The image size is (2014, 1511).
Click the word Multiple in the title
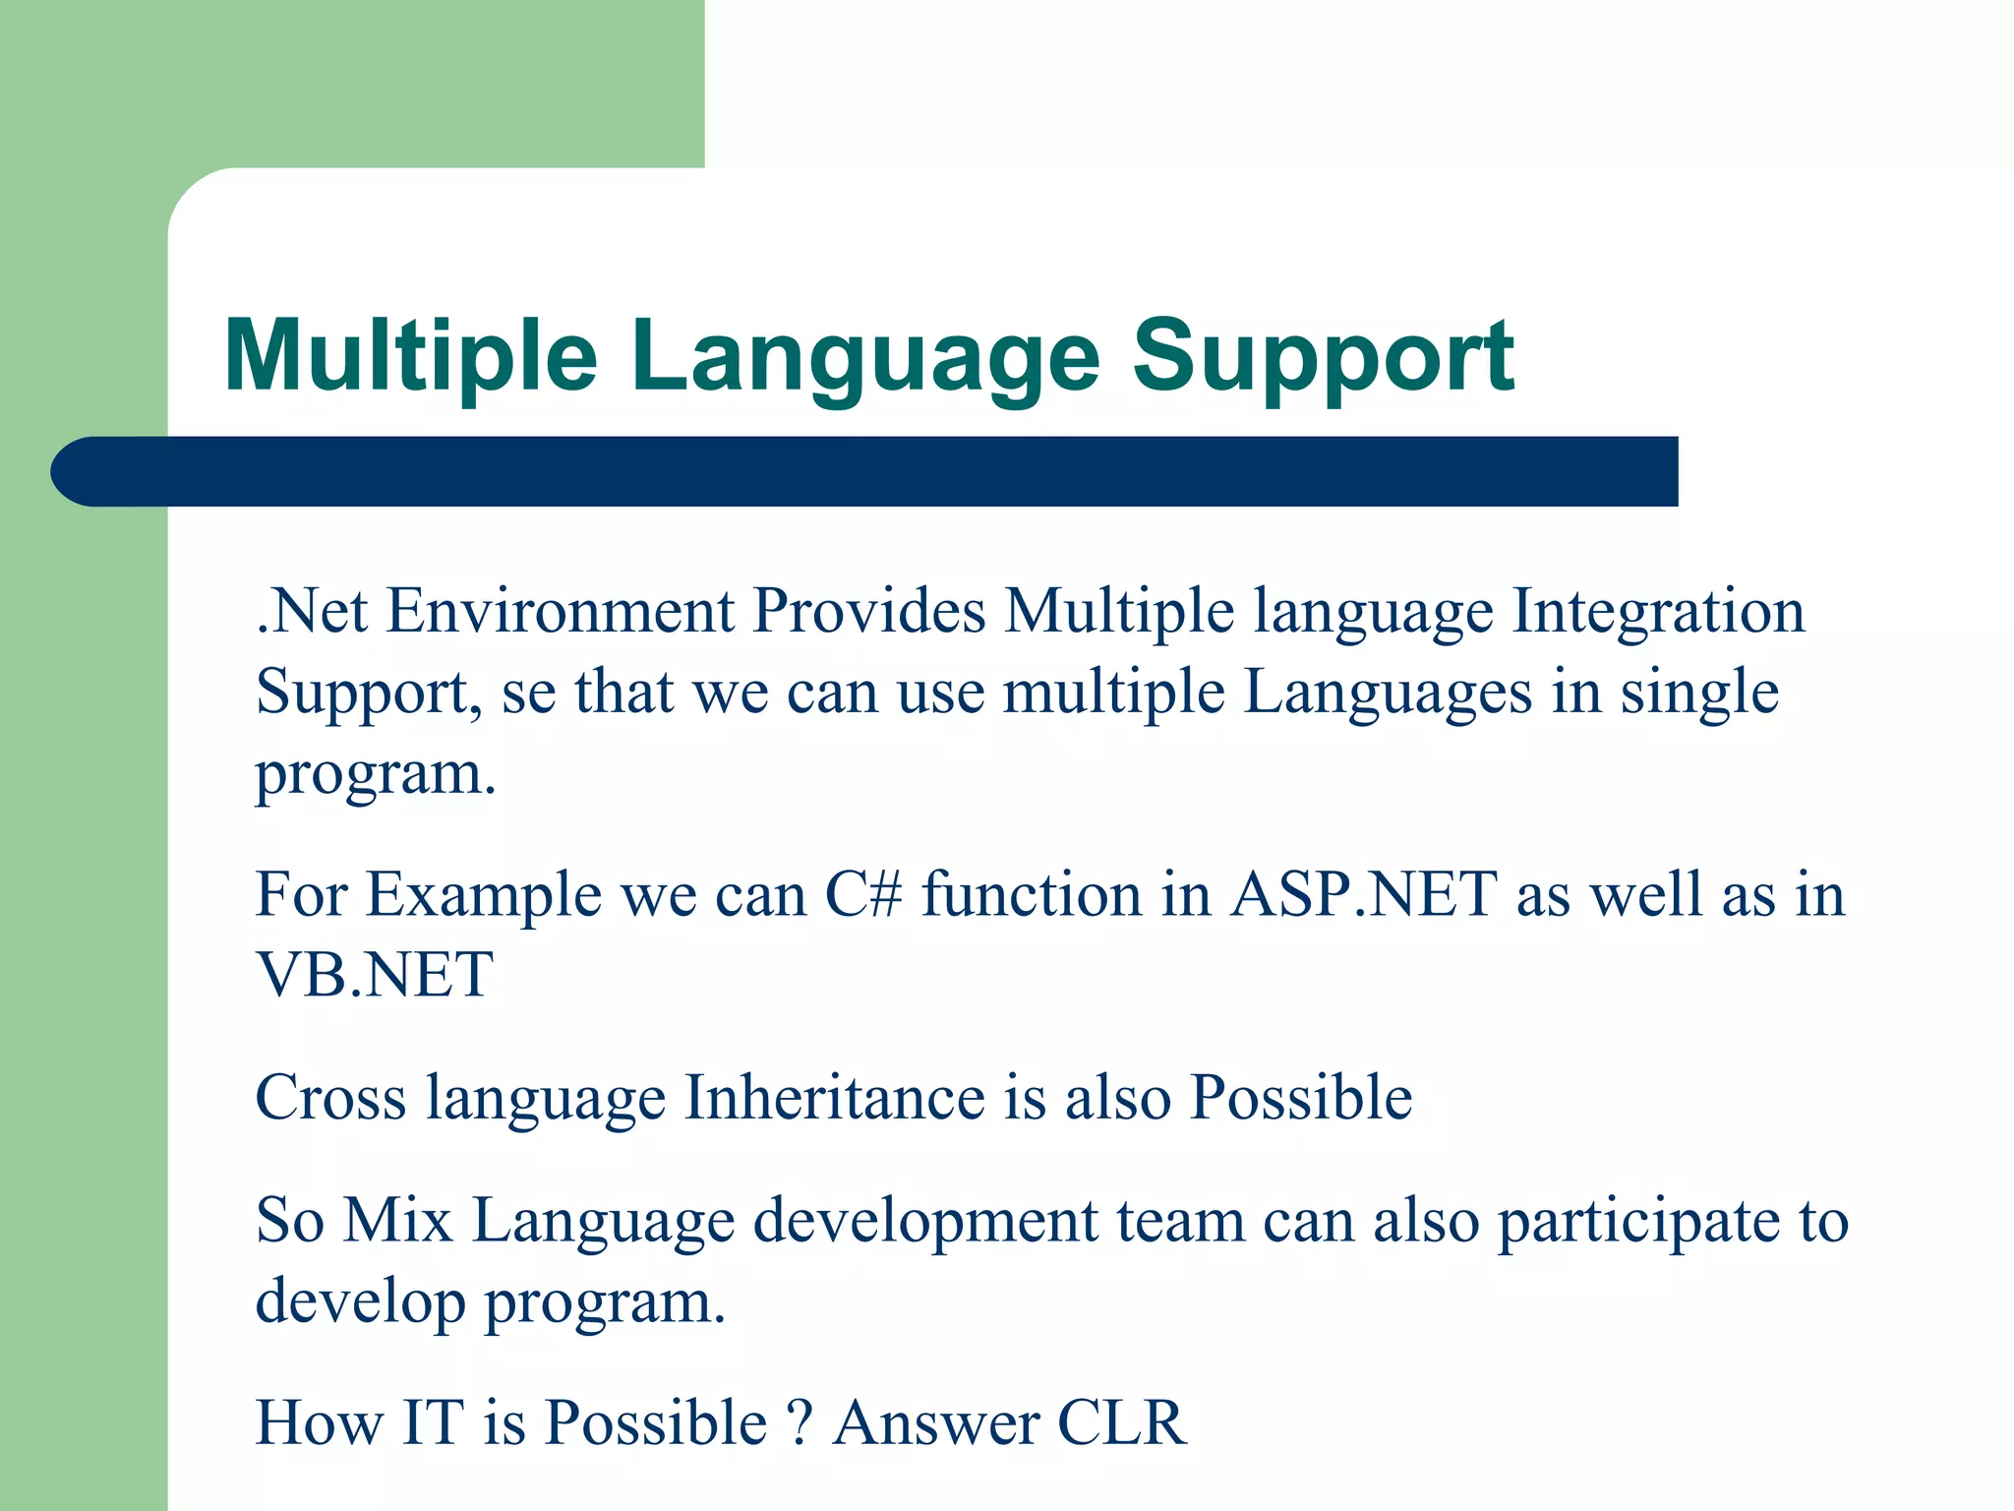point(411,356)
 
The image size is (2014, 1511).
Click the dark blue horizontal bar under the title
point(865,471)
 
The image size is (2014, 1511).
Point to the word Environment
point(560,611)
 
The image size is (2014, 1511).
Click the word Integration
point(1658,611)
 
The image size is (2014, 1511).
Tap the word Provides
point(868,611)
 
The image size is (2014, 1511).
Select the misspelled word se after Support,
point(528,693)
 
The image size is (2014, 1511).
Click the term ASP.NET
point(1364,895)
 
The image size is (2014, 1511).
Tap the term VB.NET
point(374,976)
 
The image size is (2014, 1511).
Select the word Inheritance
point(834,1098)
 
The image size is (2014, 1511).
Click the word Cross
point(330,1098)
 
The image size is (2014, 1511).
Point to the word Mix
point(398,1221)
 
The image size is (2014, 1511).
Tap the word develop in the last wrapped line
point(360,1302)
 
